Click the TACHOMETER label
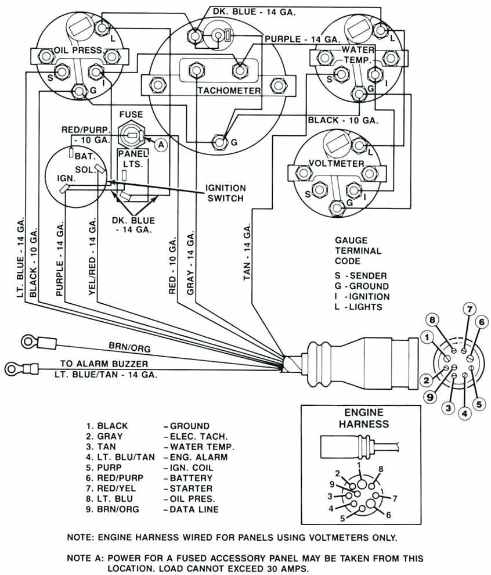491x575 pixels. pos(229,91)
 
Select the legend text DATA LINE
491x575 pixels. pos(194,509)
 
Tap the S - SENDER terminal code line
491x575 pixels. pos(361,275)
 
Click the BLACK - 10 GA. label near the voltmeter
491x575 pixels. pos(342,120)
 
